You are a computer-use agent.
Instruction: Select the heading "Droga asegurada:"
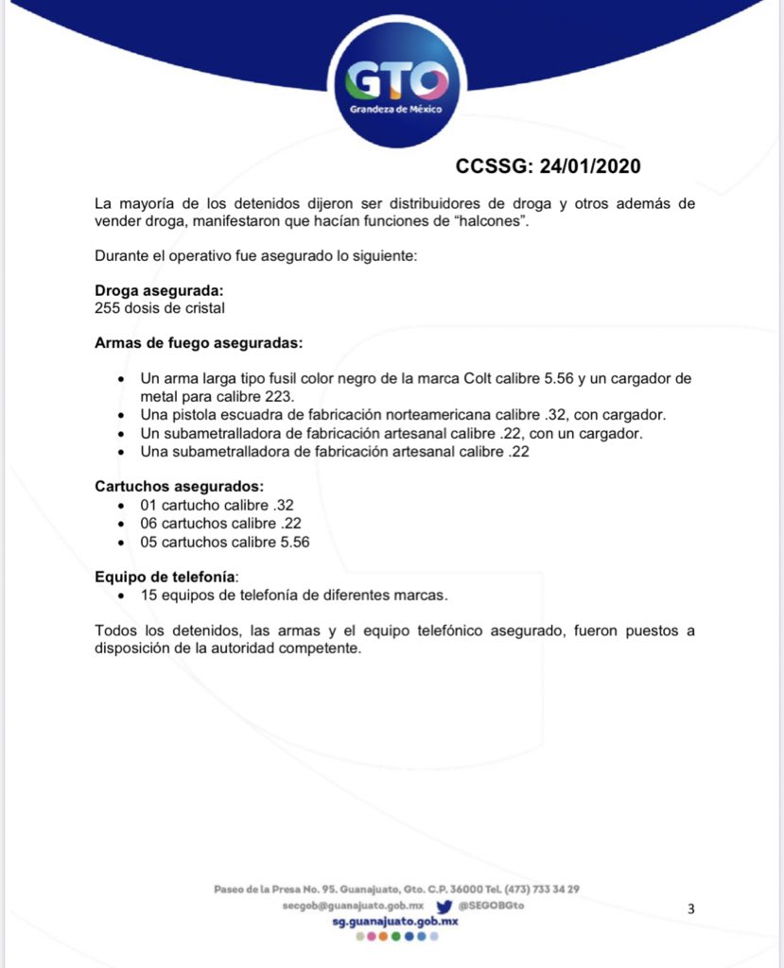(159, 291)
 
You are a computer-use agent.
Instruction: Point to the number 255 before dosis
(107, 307)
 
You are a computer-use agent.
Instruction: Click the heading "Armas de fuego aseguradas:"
(199, 342)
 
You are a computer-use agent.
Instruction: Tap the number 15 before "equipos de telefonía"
(148, 596)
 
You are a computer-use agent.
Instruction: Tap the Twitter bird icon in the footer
(443, 906)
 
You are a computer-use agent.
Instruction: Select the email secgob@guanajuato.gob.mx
(352, 906)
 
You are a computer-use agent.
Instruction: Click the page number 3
(690, 909)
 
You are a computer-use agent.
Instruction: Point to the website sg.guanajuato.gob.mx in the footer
(396, 921)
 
